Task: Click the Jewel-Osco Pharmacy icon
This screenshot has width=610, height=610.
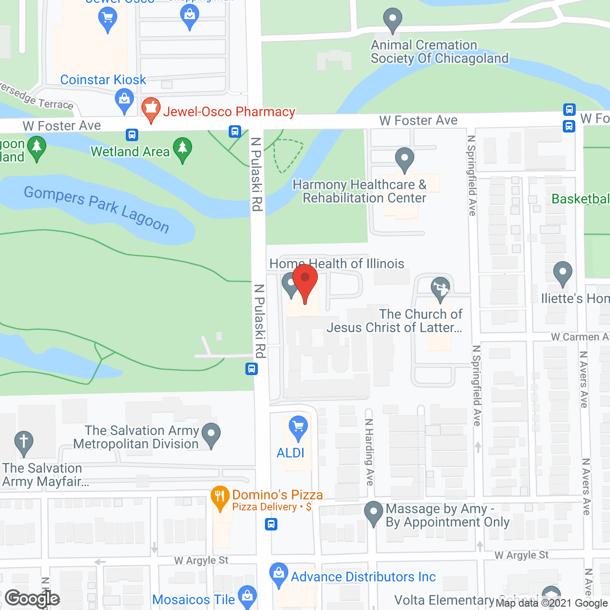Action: tap(151, 109)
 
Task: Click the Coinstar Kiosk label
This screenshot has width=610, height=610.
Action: tap(103, 80)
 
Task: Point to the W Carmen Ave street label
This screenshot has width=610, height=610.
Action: tap(579, 337)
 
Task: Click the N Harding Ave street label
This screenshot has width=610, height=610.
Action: tap(369, 452)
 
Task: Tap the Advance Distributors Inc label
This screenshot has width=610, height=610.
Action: tap(363, 577)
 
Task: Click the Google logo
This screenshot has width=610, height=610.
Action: tap(32, 599)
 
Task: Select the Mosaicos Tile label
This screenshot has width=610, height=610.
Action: tap(193, 600)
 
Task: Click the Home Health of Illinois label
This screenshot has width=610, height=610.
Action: tap(337, 264)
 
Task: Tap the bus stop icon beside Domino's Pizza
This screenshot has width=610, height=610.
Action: tap(271, 525)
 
